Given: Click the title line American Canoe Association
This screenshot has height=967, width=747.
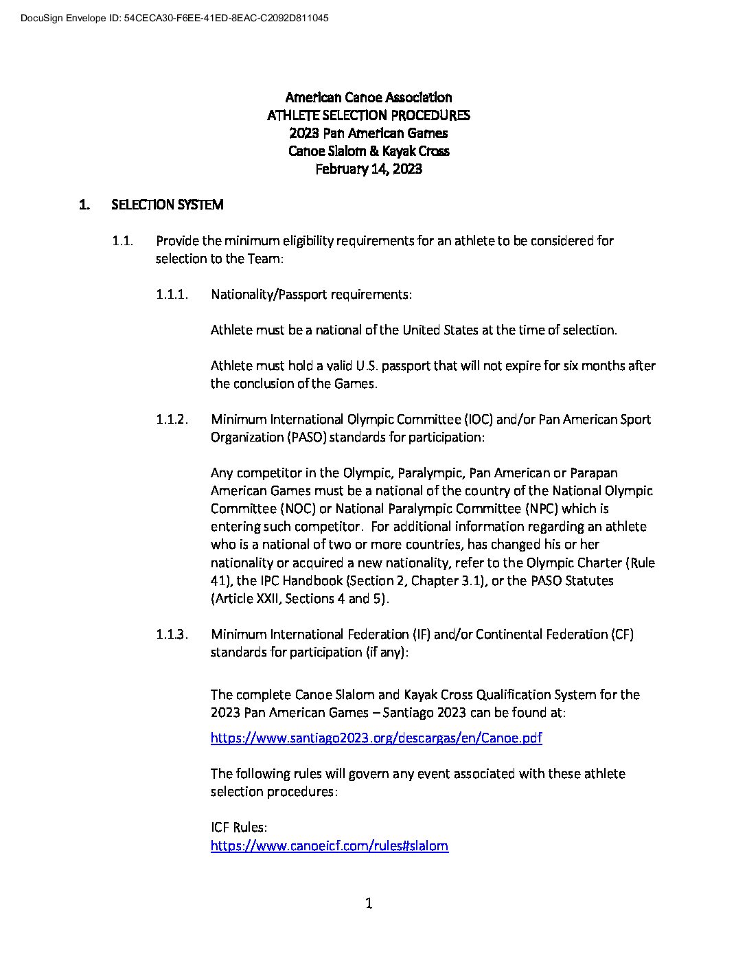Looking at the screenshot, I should point(368,98).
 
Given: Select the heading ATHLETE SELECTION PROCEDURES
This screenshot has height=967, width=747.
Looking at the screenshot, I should point(368,115).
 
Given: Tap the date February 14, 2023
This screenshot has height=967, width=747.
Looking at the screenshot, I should point(368,169).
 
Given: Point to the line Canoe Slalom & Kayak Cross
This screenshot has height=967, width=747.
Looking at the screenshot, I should point(368,151).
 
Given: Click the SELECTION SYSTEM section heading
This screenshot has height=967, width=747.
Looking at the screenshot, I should point(167,205).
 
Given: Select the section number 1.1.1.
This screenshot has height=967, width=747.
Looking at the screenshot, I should point(172,295).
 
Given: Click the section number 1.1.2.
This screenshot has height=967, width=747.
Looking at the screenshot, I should point(172,420).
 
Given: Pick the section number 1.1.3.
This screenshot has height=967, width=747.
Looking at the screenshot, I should point(172,635).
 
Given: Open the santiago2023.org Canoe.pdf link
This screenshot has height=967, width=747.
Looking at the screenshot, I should point(376,738).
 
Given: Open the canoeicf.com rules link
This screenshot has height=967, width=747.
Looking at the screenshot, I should point(329,846).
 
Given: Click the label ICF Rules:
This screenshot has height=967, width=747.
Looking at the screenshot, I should point(238,828).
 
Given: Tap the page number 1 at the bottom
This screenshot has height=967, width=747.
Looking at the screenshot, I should point(369,904).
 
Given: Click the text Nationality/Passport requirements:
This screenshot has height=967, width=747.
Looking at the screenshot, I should point(311,295).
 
